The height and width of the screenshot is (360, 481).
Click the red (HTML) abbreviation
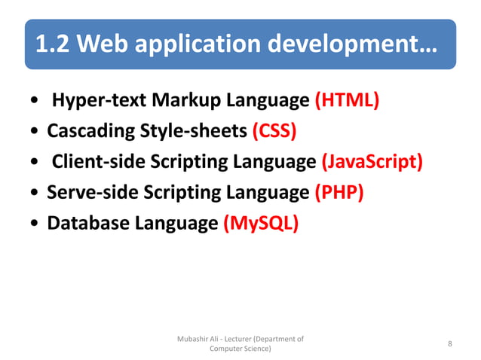click(x=346, y=100)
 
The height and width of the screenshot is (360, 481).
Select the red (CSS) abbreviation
click(x=274, y=131)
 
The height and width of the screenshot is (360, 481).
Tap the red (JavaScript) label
click(x=372, y=162)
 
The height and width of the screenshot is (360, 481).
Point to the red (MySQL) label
click(x=261, y=224)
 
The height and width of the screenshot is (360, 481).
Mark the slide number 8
click(x=449, y=344)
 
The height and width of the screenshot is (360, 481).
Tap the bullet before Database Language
click(x=35, y=224)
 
